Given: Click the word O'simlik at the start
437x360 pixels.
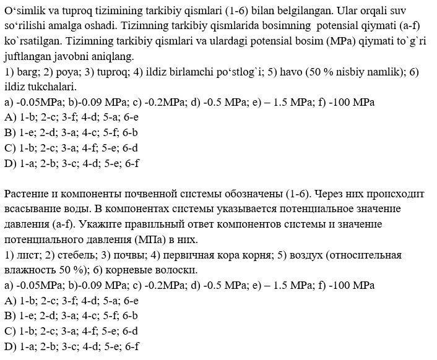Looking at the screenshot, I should coord(24,12).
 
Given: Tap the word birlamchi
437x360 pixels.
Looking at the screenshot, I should coord(189,72).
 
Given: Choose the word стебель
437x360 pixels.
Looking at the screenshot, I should coord(74,255).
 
